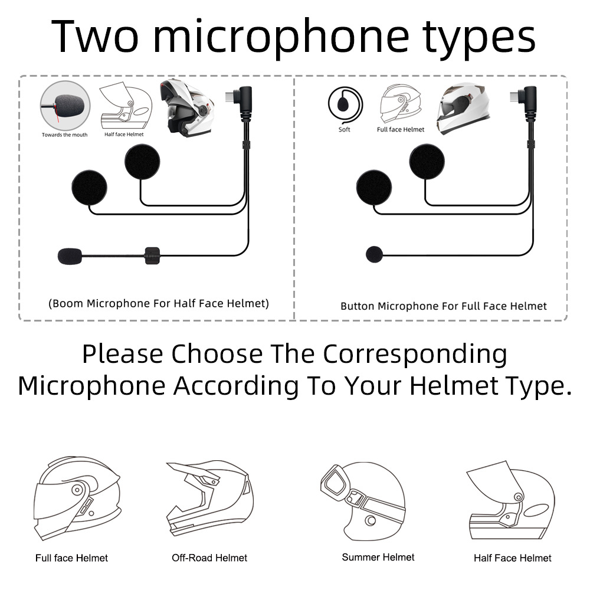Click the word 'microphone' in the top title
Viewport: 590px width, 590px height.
click(x=281, y=37)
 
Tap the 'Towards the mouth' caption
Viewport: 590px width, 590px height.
click(x=64, y=135)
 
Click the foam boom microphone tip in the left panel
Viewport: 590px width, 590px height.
click(x=70, y=256)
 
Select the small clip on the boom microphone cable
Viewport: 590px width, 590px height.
click(x=152, y=256)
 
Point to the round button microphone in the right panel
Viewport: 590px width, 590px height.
click(x=375, y=254)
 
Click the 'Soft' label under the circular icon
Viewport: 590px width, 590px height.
click(x=344, y=129)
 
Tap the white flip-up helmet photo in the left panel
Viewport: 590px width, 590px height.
click(x=186, y=107)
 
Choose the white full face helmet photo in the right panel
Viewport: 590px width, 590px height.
click(x=463, y=109)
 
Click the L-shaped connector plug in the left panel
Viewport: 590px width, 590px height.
click(x=240, y=100)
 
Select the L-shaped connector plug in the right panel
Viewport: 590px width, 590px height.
click(x=525, y=100)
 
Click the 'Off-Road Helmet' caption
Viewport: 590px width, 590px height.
click(x=209, y=558)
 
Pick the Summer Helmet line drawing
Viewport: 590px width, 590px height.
click(x=363, y=501)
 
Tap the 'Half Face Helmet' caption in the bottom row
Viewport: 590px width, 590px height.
click(x=513, y=558)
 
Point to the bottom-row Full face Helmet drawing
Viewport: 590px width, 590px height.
click(x=77, y=498)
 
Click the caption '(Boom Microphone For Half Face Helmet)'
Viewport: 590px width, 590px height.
click(x=159, y=303)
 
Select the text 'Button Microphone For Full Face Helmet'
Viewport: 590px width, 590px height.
click(x=444, y=306)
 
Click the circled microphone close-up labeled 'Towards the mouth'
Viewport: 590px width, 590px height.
click(x=65, y=106)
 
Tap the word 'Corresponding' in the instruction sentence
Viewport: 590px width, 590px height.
click(x=415, y=355)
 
